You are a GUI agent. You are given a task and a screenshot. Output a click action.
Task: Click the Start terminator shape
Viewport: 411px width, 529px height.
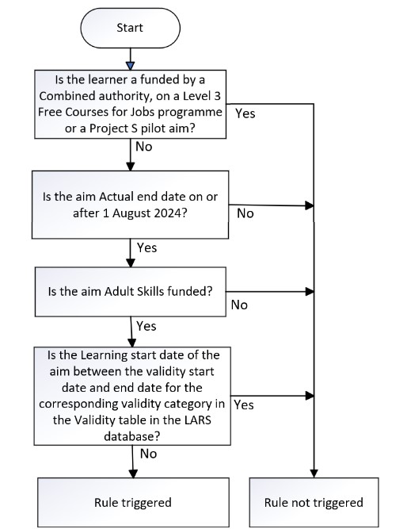tap(130, 27)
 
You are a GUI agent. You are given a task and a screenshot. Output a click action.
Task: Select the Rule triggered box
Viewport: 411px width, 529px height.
tap(132, 502)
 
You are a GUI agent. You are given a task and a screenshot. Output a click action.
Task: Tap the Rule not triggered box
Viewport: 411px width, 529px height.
tap(314, 502)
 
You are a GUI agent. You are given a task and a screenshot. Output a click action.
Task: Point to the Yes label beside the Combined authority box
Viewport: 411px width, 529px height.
tap(245, 113)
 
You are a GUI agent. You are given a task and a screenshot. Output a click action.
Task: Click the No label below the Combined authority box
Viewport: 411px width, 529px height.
tap(144, 147)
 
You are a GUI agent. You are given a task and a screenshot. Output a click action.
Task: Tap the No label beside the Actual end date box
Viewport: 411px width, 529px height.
tap(245, 213)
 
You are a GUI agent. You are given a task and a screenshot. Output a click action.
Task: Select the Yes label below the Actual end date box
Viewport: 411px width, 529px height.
tap(147, 247)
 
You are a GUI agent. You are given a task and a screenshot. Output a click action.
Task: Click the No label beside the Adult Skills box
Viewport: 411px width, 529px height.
tap(238, 304)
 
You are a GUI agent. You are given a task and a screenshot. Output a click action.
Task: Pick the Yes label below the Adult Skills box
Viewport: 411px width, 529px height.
tap(147, 326)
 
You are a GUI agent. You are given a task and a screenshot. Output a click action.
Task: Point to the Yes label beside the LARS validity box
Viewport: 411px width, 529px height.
tap(244, 404)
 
